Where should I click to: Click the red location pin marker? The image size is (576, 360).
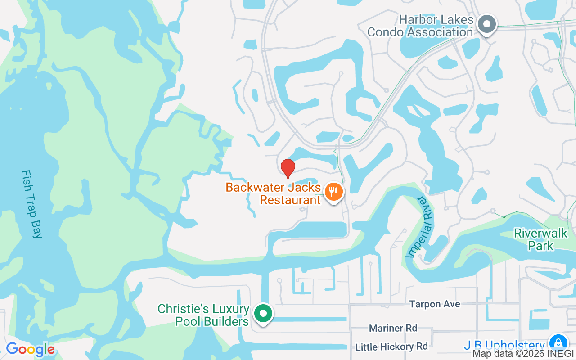click(288, 168)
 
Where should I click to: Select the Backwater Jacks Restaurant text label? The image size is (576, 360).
click(274, 193)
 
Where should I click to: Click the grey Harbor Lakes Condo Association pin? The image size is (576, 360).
click(486, 24)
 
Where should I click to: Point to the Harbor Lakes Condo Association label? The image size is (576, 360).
click(420, 26)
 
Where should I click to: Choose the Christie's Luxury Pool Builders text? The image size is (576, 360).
click(203, 315)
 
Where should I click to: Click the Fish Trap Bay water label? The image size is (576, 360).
click(31, 204)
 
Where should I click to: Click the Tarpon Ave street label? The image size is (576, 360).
click(435, 304)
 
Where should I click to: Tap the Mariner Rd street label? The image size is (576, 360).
click(393, 328)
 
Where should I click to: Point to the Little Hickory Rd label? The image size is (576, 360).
click(391, 346)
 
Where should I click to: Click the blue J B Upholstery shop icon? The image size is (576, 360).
click(558, 342)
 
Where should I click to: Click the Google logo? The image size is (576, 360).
click(30, 349)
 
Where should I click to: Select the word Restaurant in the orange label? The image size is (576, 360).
click(290, 200)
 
